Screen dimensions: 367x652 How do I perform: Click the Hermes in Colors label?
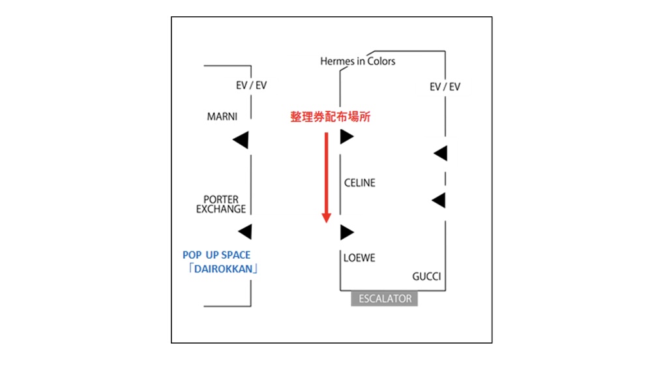357,61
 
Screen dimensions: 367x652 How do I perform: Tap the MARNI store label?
222,117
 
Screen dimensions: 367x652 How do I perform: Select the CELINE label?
360,183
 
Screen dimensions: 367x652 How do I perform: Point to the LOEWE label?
359,258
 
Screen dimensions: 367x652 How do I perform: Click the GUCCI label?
426,276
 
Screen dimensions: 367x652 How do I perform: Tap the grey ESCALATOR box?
385,299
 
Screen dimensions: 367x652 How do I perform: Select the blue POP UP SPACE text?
216,255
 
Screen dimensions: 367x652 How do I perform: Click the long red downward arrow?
327,176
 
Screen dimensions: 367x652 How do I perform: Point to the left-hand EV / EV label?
252,85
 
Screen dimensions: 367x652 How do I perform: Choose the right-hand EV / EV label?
445,86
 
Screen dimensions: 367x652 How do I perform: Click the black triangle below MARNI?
241,139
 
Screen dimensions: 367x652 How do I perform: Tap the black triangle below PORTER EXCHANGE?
244,231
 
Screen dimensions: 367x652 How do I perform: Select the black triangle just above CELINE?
346,137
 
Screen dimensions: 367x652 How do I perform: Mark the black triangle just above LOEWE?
346,231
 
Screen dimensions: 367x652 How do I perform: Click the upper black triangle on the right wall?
441,153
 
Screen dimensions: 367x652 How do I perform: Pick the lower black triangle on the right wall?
439,200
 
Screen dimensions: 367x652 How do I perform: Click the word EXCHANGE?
221,209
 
